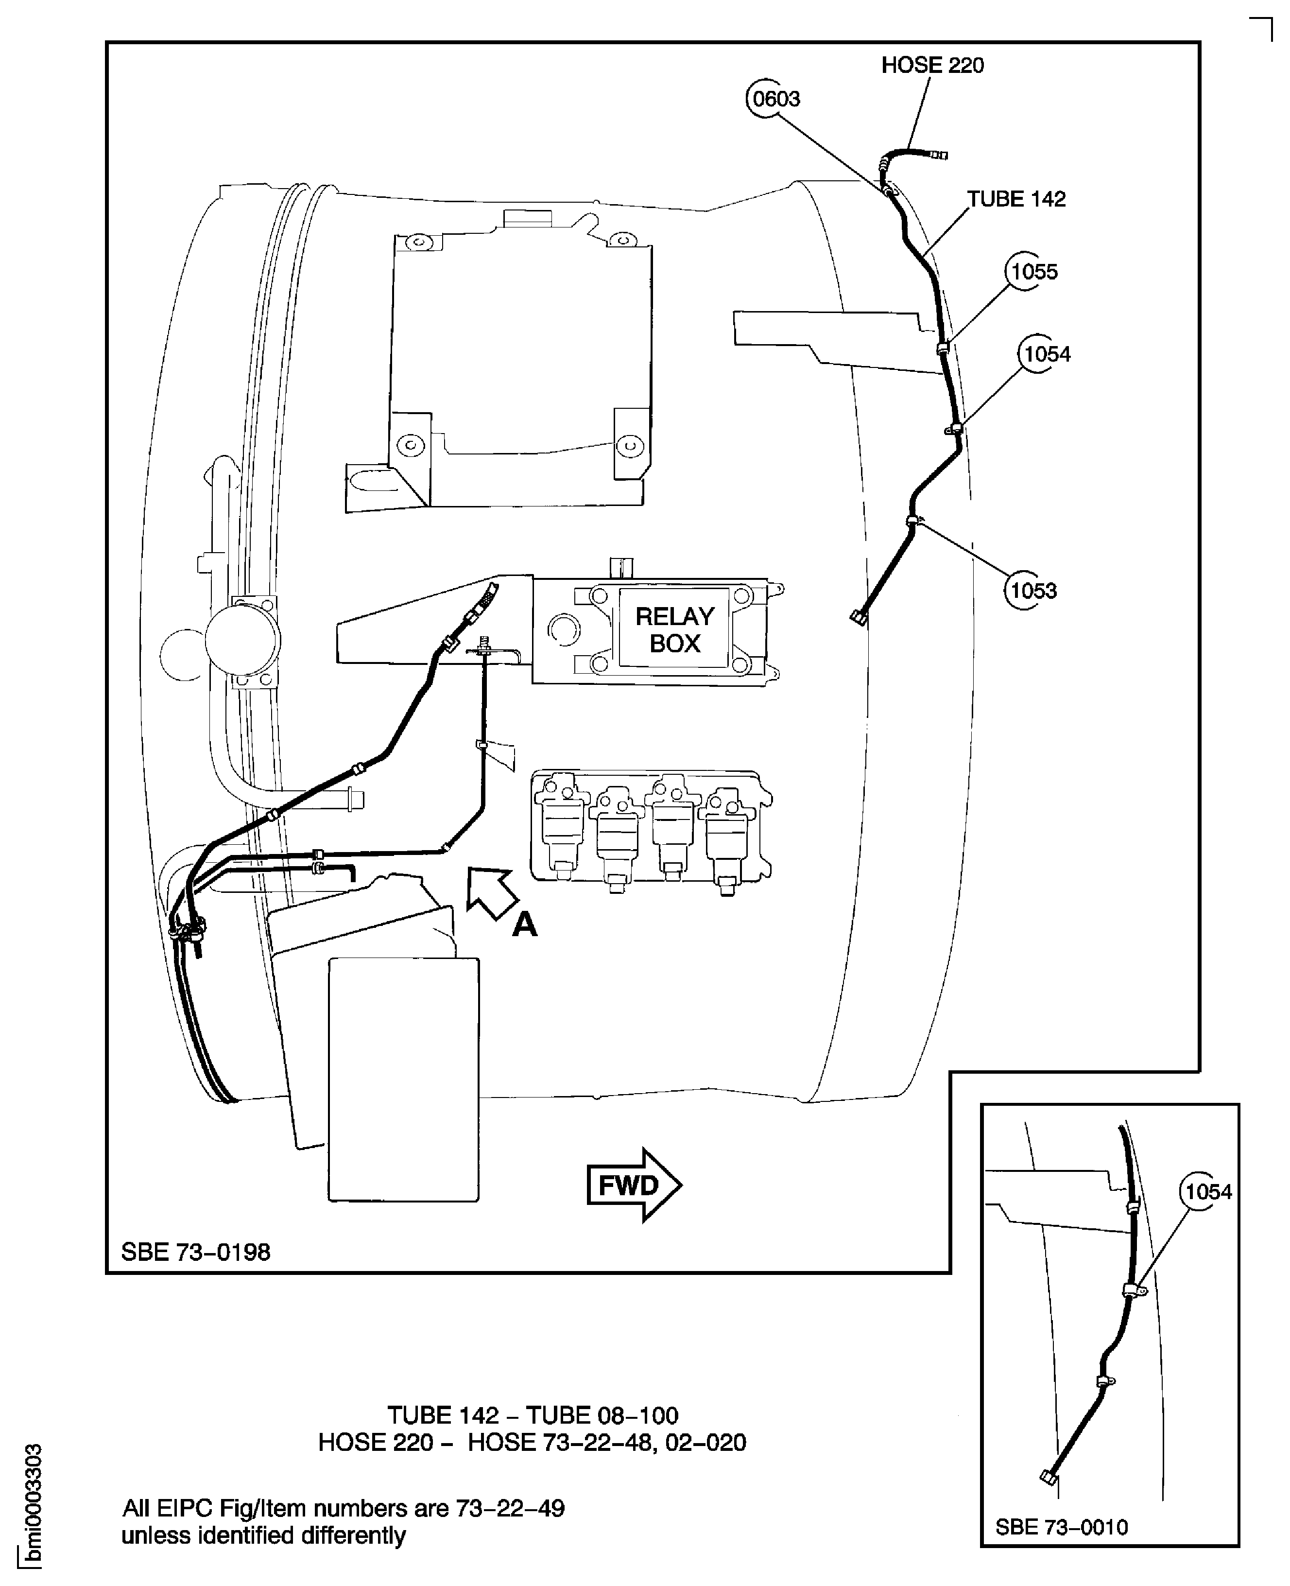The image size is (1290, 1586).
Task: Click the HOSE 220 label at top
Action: tap(932, 66)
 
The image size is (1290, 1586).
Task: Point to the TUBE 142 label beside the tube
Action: tap(1016, 199)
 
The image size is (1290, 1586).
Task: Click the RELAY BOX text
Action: tap(675, 629)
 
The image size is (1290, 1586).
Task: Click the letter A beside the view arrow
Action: tap(525, 924)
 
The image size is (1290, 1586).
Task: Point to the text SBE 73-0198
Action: tap(195, 1252)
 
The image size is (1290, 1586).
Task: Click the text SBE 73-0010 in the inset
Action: tap(1061, 1527)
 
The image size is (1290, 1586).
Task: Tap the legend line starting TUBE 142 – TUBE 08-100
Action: tap(533, 1415)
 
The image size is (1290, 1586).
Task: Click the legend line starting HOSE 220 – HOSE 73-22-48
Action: tap(532, 1443)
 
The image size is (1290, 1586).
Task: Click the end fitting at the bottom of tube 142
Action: tap(859, 617)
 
